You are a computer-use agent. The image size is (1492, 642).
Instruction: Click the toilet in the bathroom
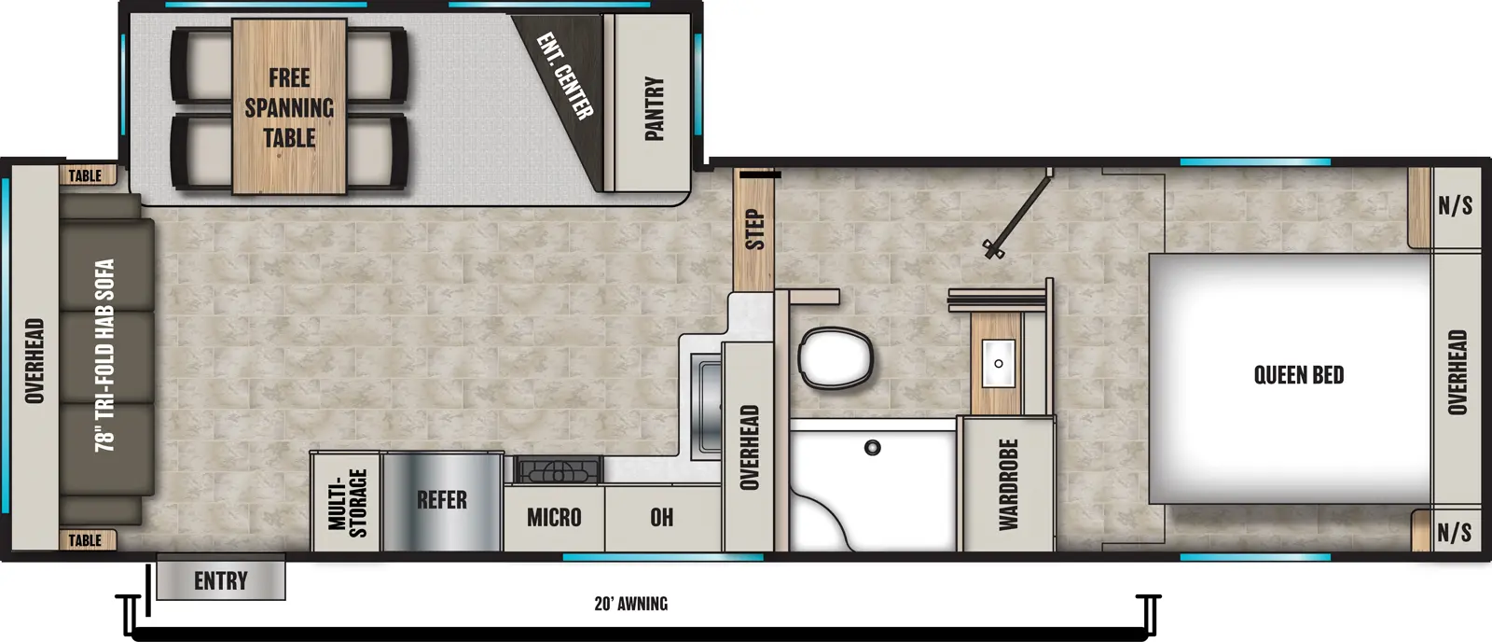point(836,356)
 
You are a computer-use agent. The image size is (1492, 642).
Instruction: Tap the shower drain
point(872,448)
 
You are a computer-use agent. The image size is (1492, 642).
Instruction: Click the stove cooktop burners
point(558,469)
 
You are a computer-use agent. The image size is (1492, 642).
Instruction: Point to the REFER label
point(441,500)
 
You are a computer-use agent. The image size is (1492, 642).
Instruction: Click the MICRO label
point(553,517)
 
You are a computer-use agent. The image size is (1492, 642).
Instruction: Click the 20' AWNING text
point(630,604)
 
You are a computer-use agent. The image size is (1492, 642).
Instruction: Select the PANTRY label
point(654,109)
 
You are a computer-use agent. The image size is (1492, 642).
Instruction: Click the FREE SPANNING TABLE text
point(289,108)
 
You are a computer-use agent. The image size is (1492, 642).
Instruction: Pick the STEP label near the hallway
point(754,230)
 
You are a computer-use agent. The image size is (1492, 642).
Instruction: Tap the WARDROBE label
point(1008,484)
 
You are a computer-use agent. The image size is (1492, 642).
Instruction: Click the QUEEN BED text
point(1298,375)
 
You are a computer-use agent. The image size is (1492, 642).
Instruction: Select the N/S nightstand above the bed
point(1454,206)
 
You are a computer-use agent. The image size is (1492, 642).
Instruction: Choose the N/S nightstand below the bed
point(1454,533)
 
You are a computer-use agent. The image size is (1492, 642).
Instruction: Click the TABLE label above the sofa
point(85,175)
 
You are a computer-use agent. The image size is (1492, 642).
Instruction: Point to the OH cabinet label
point(661,517)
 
